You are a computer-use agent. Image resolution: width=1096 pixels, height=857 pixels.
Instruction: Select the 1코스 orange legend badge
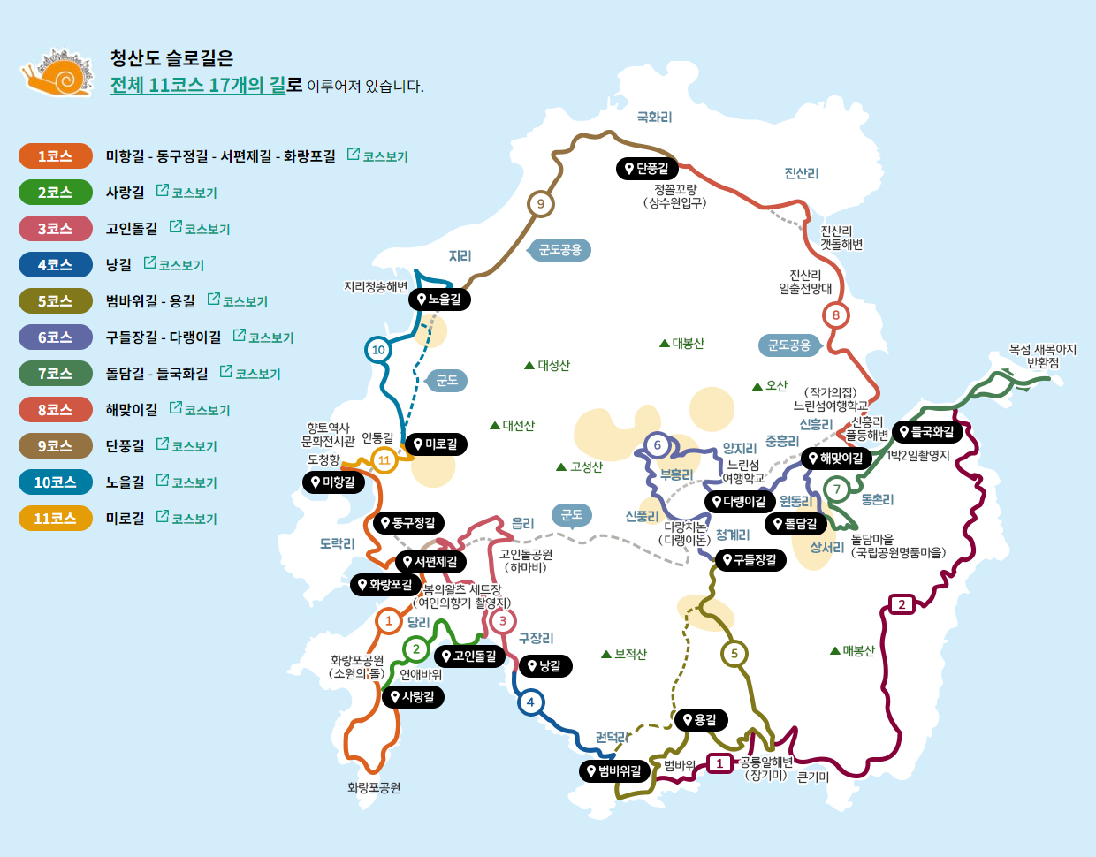(55, 156)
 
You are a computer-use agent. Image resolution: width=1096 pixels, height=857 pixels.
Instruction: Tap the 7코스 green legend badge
(55, 374)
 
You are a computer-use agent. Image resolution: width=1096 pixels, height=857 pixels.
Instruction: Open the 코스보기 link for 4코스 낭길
(174, 265)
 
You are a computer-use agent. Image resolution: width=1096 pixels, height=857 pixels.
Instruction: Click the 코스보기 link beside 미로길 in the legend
(186, 519)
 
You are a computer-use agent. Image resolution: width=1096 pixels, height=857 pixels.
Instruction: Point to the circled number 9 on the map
(541, 204)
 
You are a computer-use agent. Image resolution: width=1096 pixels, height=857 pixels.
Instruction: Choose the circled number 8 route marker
(835, 315)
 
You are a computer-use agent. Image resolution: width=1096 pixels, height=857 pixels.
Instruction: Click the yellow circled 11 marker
(384, 460)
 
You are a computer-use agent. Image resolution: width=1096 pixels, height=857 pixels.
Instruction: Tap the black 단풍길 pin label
(647, 169)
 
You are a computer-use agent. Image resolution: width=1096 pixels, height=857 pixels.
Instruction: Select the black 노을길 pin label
(439, 300)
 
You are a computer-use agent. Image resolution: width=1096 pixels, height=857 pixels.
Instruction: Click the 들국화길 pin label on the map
(926, 432)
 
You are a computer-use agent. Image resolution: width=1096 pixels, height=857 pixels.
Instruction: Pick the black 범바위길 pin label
(614, 771)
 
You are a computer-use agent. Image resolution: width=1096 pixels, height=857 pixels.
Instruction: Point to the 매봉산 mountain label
(852, 651)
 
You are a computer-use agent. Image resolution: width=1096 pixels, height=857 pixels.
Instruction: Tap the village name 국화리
(654, 118)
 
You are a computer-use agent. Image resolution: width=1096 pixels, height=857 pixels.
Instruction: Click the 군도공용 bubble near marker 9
(560, 250)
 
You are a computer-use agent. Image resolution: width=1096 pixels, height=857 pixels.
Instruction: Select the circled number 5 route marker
(734, 654)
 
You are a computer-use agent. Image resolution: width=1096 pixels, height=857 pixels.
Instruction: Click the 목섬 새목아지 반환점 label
(1042, 356)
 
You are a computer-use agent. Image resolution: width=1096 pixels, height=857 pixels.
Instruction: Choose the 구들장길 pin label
(750, 560)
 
